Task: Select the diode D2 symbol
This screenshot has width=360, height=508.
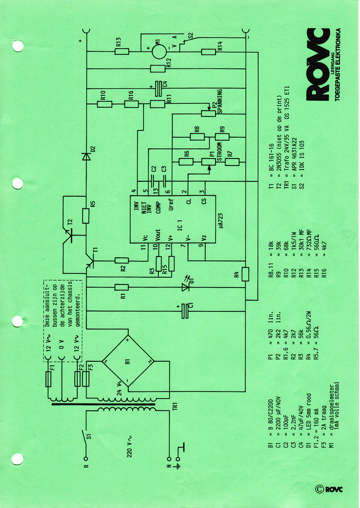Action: pos(86,156)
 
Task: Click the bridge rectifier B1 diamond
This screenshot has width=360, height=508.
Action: pos(126,361)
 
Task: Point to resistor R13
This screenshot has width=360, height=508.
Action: pos(122,51)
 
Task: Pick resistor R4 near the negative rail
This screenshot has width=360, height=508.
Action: pos(245,274)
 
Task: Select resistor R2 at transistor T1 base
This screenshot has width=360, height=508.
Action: pos(121,260)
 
